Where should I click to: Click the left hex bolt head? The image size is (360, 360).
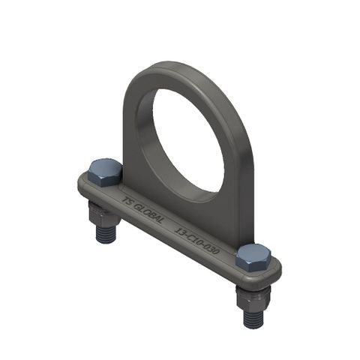point(104,173)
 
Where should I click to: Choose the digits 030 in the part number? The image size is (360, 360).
point(211,248)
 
